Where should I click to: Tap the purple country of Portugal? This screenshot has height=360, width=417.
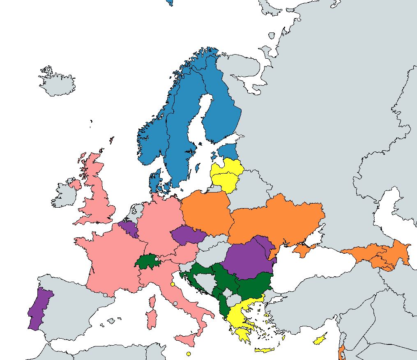(x=39, y=308)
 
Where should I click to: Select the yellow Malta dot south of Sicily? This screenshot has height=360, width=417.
(x=189, y=354)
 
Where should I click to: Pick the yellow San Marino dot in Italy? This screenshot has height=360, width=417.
(x=173, y=284)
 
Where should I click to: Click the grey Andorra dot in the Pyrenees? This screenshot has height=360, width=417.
(x=106, y=295)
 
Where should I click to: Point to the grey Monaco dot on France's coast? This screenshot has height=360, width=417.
(x=141, y=289)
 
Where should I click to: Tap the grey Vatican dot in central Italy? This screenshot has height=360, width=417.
(x=175, y=303)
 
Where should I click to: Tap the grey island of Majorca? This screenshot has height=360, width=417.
(x=111, y=320)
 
